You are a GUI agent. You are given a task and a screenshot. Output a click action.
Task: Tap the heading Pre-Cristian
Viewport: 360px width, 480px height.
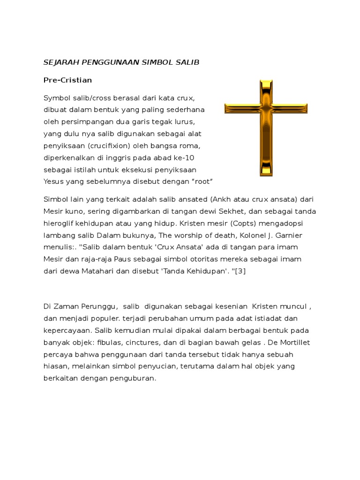coord(67,80)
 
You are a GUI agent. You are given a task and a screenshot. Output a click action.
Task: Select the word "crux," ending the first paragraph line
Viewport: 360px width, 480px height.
coord(184,98)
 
